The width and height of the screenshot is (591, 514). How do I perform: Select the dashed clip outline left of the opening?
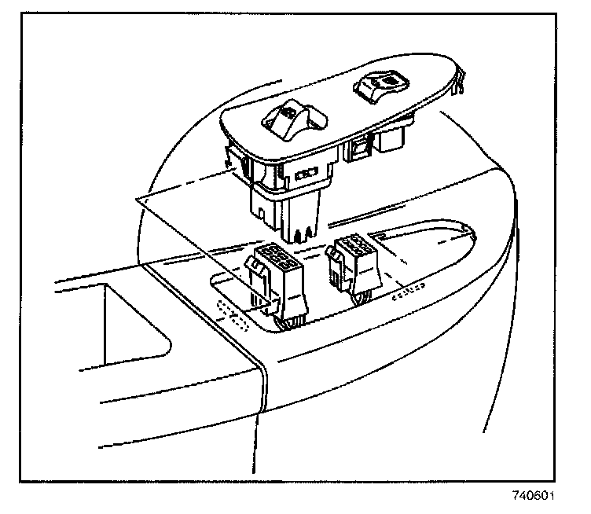coord(233,314)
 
